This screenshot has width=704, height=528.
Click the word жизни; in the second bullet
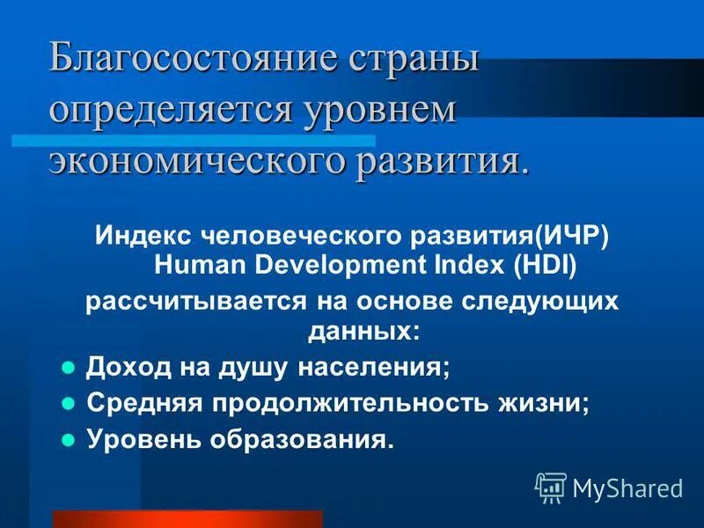pos(551,403)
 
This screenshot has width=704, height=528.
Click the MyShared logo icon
pos(551,487)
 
